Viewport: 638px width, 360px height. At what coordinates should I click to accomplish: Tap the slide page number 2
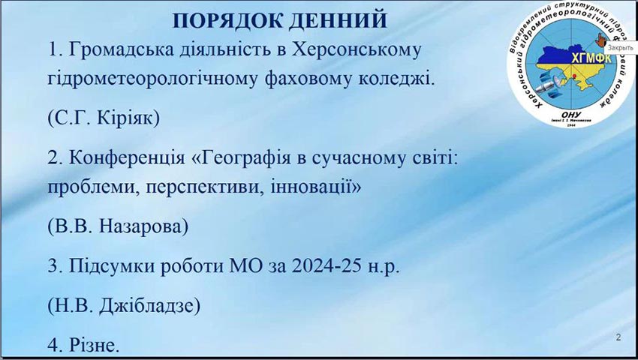618,337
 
